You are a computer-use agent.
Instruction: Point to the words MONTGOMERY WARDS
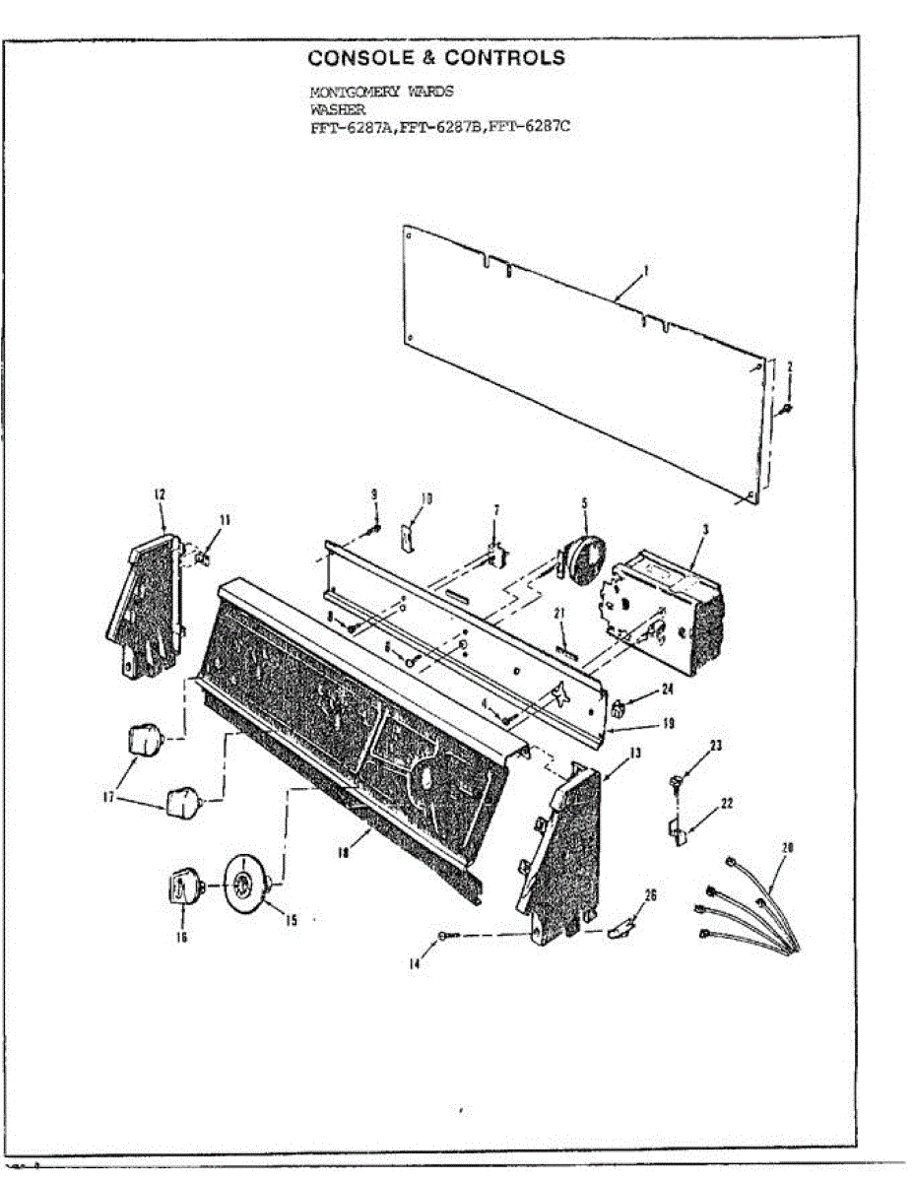click(381, 92)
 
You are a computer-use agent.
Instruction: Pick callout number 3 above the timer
click(705, 529)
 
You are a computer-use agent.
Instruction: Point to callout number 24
click(667, 689)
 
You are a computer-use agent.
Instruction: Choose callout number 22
click(726, 804)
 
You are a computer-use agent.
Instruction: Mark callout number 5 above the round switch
click(584, 502)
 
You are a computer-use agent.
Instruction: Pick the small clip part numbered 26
click(620, 927)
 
